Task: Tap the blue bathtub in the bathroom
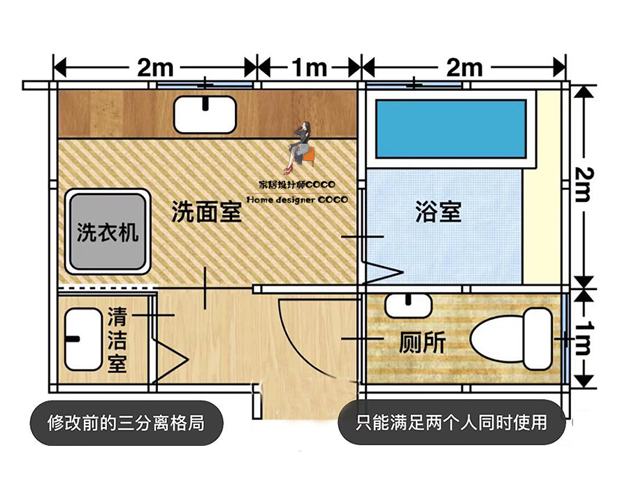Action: (x=451, y=129)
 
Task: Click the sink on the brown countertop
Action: (x=206, y=115)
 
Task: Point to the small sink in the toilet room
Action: (x=407, y=305)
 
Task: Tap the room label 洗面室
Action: (x=207, y=212)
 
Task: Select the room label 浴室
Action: (x=438, y=212)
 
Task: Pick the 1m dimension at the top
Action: (x=310, y=68)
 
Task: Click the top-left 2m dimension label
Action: (x=155, y=68)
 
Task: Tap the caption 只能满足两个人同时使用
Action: (x=451, y=422)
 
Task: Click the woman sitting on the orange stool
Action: (x=301, y=148)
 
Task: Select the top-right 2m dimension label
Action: (x=464, y=68)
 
